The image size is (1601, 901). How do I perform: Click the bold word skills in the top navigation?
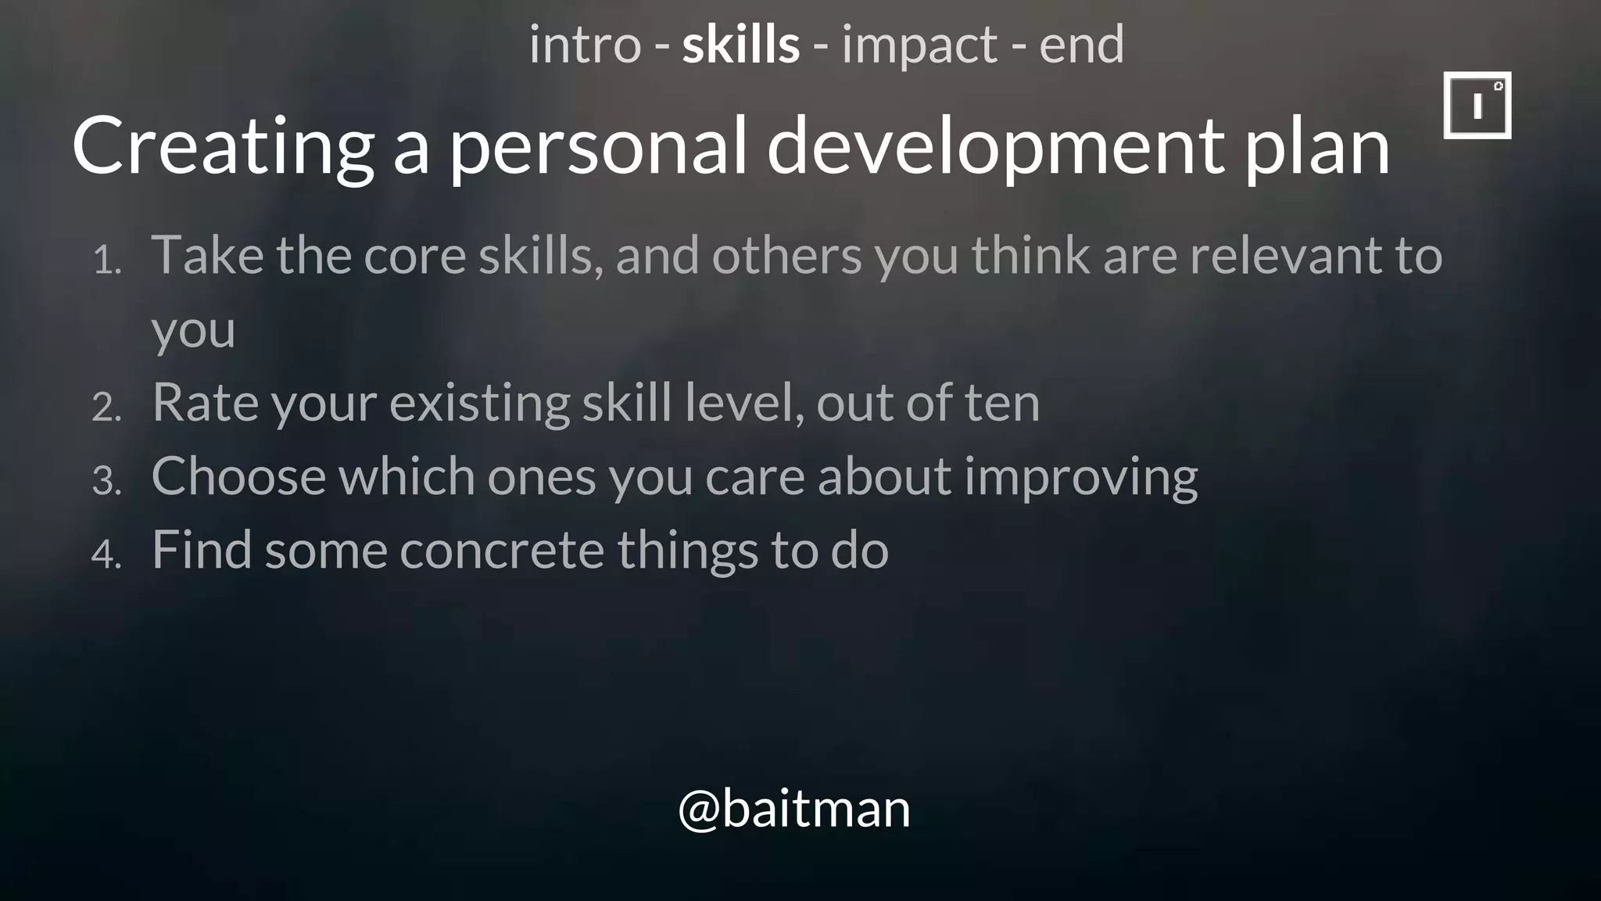click(740, 45)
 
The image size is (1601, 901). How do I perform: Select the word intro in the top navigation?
click(585, 45)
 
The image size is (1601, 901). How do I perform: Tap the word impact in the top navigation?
click(919, 46)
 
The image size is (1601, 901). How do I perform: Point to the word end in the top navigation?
click(1081, 45)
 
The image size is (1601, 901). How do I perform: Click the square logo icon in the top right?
click(1477, 106)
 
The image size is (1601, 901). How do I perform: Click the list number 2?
click(106, 407)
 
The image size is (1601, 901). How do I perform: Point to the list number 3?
click(106, 481)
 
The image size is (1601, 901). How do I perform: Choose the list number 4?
click(106, 555)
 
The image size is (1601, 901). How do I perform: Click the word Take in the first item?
click(207, 255)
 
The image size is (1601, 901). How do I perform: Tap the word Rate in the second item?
click(205, 402)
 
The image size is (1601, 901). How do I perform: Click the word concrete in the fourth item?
click(502, 549)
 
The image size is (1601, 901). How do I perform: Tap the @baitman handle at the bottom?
click(794, 809)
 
